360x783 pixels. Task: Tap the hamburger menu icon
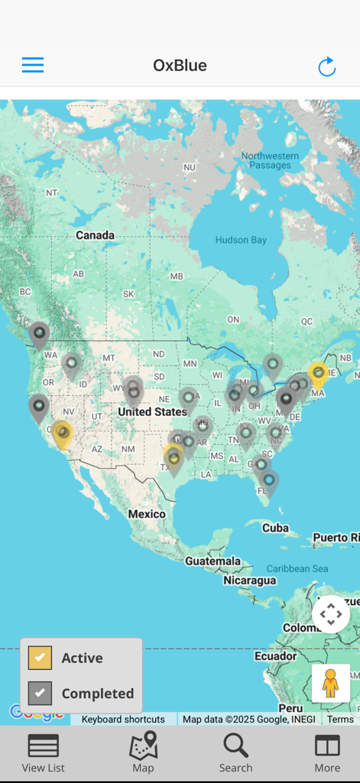tap(33, 65)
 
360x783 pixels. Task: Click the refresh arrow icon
tap(326, 67)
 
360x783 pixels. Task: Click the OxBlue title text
tap(180, 66)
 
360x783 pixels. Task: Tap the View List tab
tap(44, 753)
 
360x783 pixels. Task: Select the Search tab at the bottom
tap(235, 753)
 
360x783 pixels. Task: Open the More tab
tap(327, 753)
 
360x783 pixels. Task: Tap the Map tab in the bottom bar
tap(143, 753)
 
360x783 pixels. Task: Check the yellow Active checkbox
tap(40, 658)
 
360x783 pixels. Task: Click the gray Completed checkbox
tap(40, 694)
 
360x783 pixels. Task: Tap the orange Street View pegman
tap(330, 683)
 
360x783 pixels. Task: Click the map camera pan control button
tap(331, 614)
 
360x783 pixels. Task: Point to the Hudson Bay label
tap(241, 240)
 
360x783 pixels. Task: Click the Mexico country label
tap(147, 514)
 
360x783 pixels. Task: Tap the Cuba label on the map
tap(275, 528)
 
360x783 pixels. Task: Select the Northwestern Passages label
tap(266, 161)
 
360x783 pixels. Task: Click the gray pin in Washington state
tap(39, 334)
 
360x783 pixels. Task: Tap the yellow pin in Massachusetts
tap(318, 373)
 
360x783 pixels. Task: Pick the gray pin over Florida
tap(268, 480)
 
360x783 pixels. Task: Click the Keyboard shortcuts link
tap(123, 720)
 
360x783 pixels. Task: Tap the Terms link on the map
tap(340, 720)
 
